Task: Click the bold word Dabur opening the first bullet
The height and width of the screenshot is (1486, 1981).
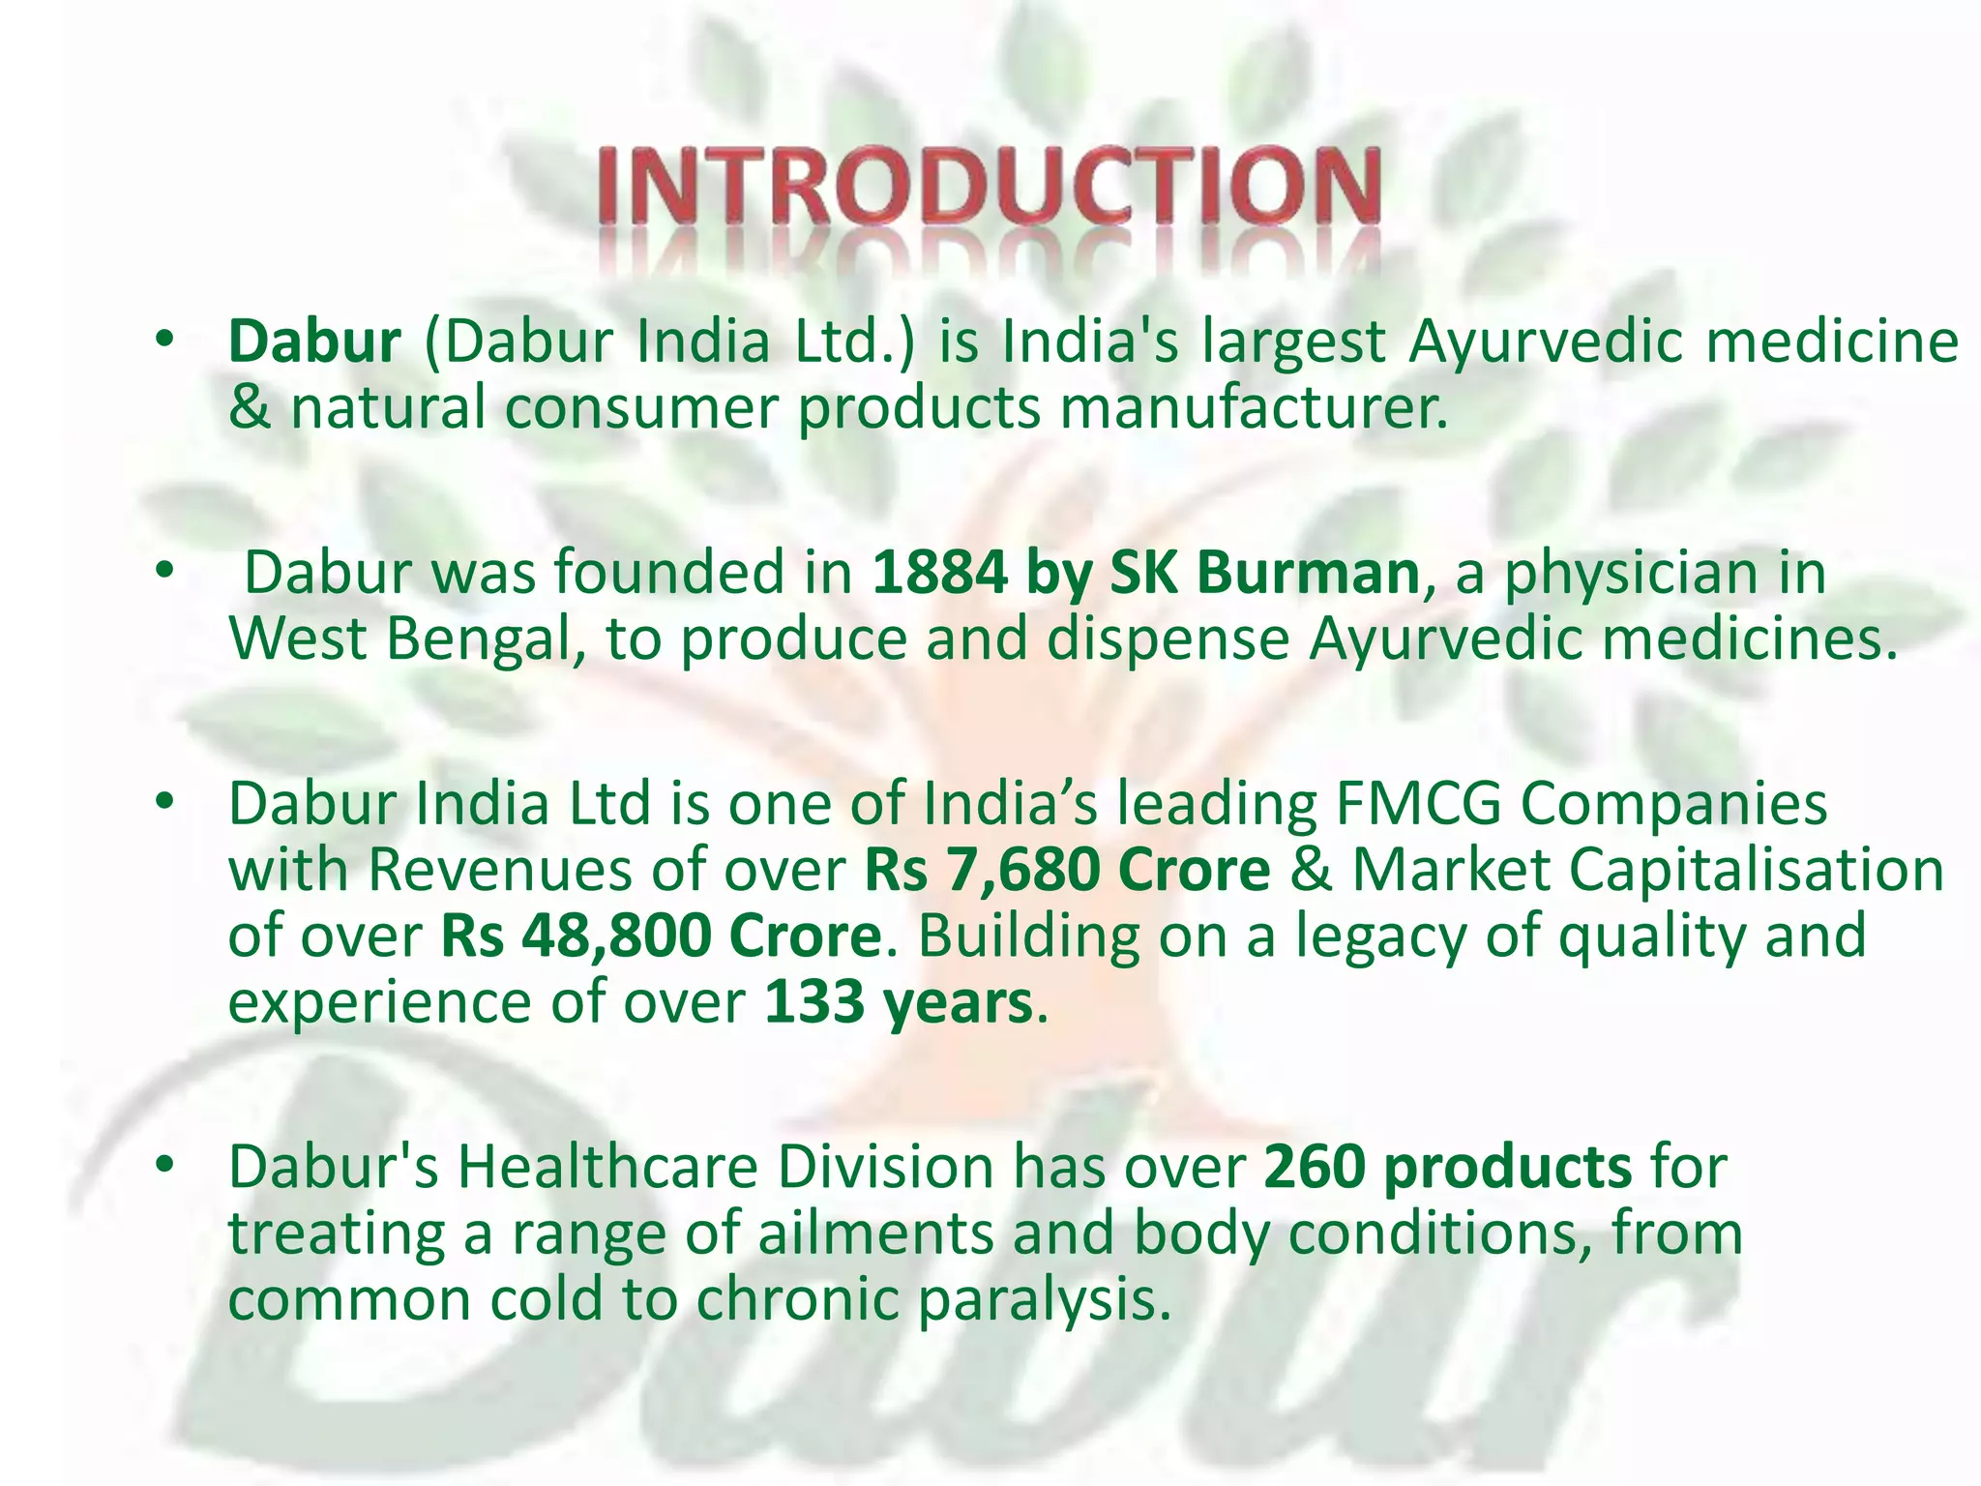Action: pyautogui.click(x=314, y=342)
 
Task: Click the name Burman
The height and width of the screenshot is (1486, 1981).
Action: pyautogui.click(x=1307, y=573)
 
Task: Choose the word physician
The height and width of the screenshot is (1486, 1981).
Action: pyautogui.click(x=1635, y=573)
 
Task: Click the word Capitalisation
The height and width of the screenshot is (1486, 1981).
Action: pyautogui.click(x=1755, y=869)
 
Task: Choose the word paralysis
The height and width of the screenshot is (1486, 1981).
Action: pyautogui.click(x=1045, y=1299)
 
